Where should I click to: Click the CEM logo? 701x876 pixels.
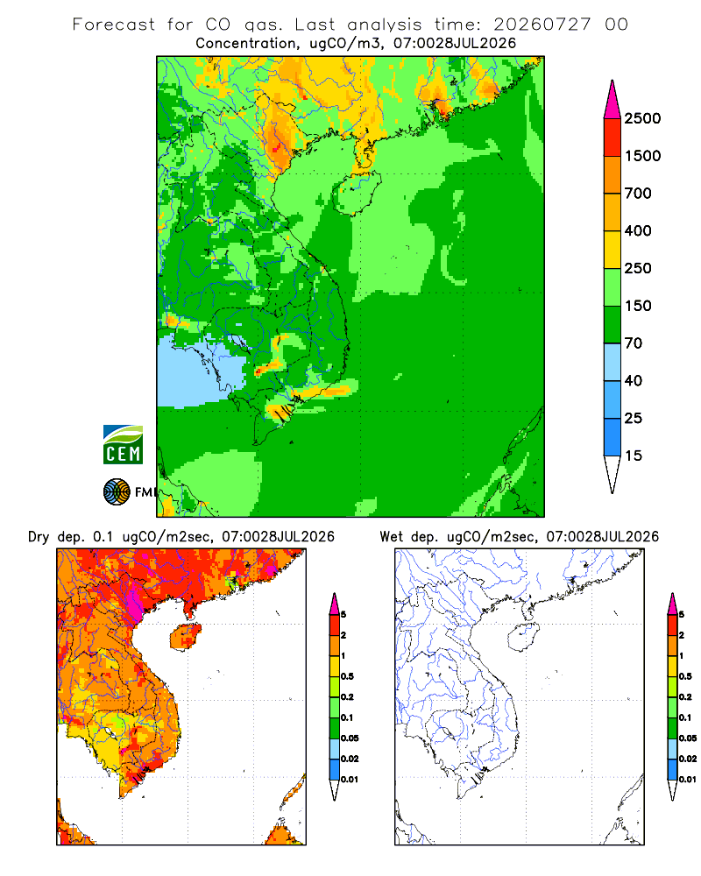click(123, 445)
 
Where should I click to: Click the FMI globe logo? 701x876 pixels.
click(117, 492)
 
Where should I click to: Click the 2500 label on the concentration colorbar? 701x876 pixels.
click(642, 118)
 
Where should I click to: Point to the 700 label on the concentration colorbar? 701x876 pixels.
click(638, 194)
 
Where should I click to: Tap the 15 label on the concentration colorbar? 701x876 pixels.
click(634, 456)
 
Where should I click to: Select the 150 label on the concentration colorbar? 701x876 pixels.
click(638, 306)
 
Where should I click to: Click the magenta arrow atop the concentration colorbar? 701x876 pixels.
click(612, 100)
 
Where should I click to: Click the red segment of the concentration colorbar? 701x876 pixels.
click(612, 138)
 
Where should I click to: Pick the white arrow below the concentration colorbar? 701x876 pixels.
click(612, 475)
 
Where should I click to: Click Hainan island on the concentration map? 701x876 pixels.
click(356, 193)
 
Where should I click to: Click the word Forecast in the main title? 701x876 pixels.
click(114, 25)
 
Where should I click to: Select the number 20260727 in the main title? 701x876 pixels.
click(542, 25)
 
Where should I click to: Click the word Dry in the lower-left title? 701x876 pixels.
click(39, 537)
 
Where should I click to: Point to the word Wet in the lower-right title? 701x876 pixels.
click(392, 537)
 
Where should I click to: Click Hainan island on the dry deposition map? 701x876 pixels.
click(185, 637)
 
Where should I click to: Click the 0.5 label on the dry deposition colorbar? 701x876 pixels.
click(347, 676)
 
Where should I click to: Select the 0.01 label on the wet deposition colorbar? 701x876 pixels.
click(688, 780)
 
